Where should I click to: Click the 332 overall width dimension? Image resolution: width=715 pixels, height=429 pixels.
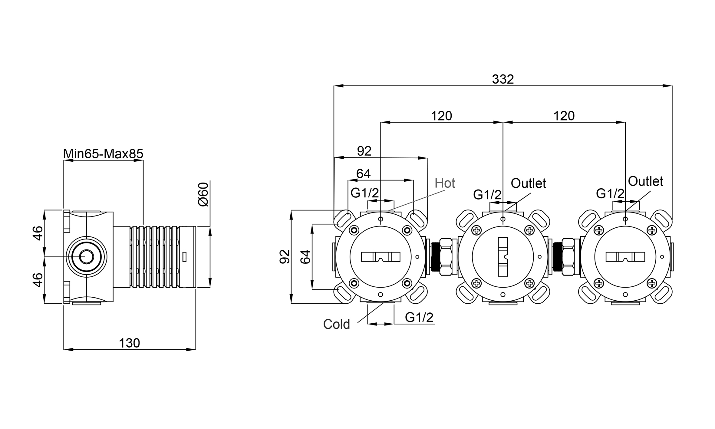coord(503,79)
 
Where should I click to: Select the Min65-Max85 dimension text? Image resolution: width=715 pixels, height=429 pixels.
coord(103,154)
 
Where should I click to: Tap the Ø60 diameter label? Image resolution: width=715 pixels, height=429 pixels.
coord(203,194)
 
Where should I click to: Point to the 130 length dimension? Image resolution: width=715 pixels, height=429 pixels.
coord(129,343)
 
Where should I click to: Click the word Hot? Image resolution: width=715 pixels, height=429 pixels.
coord(445,183)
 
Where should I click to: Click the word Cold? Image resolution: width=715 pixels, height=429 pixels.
coord(336,324)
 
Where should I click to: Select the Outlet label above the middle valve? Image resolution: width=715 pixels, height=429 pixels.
coord(528,183)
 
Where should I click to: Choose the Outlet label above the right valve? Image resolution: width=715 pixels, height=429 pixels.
coord(645,181)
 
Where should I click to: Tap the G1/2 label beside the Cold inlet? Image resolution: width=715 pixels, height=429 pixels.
coord(419,317)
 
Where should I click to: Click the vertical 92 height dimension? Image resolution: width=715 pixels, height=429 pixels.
coord(285,257)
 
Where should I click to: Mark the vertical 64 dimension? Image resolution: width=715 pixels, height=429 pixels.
coord(306,257)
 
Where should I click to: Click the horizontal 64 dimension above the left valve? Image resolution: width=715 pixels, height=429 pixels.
coord(363,174)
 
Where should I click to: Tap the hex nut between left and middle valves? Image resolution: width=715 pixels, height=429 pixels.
coord(446,257)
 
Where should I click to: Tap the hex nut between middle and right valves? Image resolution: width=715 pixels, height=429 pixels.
coord(568,257)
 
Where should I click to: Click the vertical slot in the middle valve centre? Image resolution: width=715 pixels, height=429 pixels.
coord(503,257)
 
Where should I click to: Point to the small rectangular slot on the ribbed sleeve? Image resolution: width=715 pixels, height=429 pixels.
coord(184,257)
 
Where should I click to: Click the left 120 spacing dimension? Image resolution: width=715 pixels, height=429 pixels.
coord(441,116)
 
